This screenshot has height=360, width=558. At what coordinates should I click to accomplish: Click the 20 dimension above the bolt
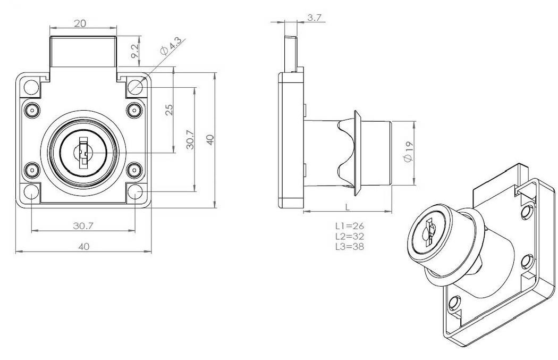[x=81, y=23]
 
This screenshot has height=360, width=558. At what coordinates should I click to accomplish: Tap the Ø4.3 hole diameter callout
[x=170, y=46]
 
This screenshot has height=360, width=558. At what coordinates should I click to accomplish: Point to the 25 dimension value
[x=169, y=110]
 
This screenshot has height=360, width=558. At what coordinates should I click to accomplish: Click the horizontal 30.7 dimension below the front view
[x=83, y=225]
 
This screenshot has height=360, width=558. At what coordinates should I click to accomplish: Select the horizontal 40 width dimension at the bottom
[x=83, y=246]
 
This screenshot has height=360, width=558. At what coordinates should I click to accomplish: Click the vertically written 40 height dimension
[x=210, y=140]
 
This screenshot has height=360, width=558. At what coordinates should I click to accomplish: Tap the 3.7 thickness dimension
[x=315, y=18]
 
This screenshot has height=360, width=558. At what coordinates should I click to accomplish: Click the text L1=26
[x=349, y=226]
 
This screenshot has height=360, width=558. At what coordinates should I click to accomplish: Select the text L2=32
[x=349, y=236]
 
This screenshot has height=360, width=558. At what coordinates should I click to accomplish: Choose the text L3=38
[x=349, y=246]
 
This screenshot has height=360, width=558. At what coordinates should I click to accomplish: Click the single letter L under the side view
[x=346, y=206]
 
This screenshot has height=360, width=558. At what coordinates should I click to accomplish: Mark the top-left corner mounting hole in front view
[x=31, y=86]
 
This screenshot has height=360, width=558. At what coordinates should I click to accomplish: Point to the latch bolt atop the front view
[x=83, y=52]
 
